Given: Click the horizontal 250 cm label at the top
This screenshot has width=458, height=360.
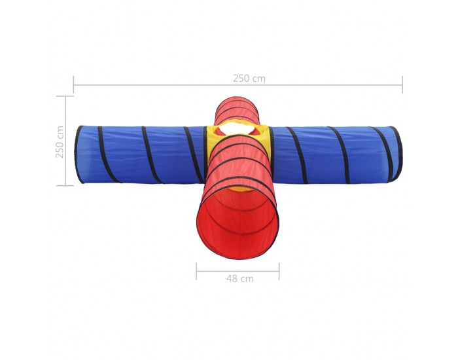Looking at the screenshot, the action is point(249,79).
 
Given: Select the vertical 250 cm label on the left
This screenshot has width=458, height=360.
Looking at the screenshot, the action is point(60,142).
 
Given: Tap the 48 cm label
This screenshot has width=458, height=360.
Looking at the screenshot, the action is point(240,279).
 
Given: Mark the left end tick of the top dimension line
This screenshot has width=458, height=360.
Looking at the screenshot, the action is point(73,84).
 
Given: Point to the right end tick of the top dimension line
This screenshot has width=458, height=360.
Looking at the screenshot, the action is point(402,84).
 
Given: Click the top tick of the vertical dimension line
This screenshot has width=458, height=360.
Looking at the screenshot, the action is point(65,96).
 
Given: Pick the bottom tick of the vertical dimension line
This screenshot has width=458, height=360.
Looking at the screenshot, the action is point(65,185).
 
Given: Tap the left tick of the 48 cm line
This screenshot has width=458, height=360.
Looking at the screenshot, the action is point(196,271).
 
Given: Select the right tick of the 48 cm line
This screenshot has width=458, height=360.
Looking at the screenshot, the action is point(279,271).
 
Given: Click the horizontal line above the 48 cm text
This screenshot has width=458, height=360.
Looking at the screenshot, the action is point(238,272).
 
